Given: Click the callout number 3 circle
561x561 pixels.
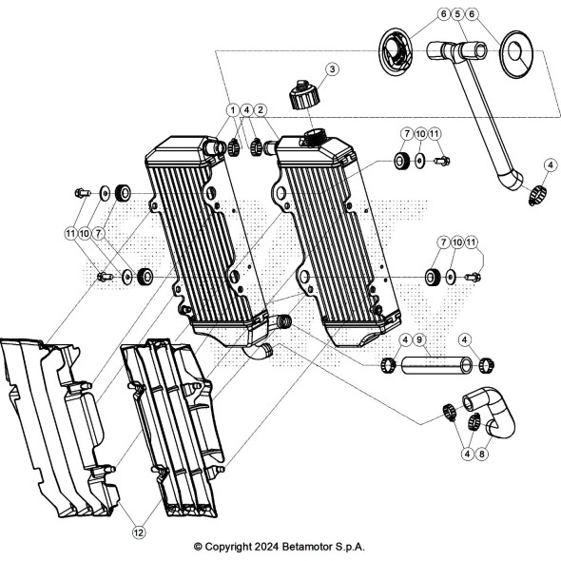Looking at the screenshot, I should click(332, 68).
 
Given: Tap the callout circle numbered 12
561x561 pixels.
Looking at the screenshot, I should click(139, 533).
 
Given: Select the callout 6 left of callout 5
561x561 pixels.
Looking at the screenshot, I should click(444, 14).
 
